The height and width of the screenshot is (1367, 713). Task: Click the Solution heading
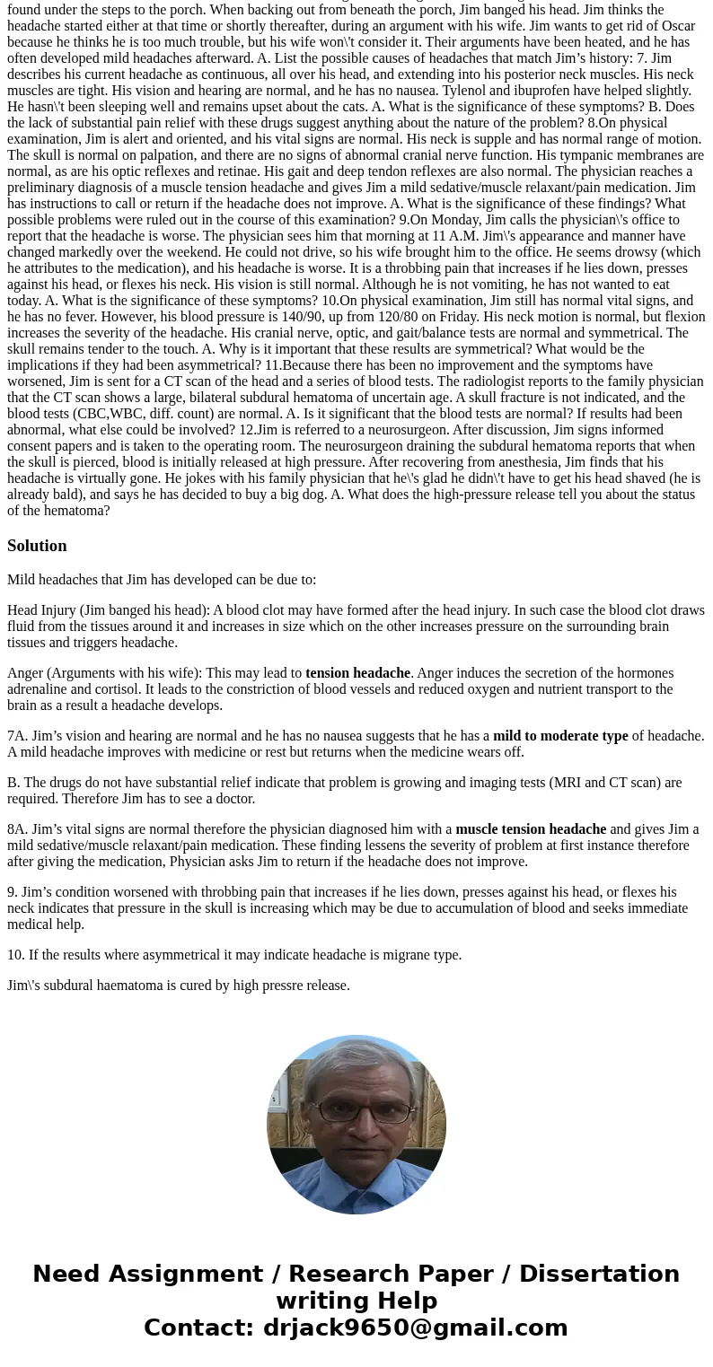tap(37, 546)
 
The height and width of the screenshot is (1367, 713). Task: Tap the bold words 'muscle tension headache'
tap(531, 829)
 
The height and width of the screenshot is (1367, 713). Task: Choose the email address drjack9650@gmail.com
tap(415, 1328)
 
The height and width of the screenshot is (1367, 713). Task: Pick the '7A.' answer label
tap(17, 736)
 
